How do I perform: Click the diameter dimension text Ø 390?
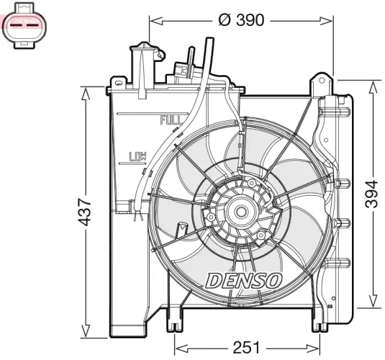(241, 20)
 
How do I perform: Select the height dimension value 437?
(85, 212)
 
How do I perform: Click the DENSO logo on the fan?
(245, 280)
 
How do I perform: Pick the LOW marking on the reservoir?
(137, 156)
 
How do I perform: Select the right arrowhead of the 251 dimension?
(317, 348)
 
